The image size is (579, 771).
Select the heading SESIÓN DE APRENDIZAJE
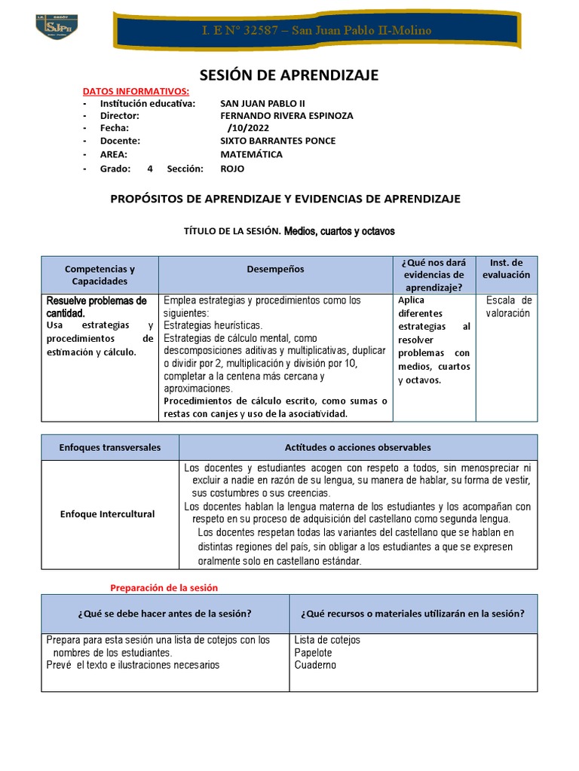(x=289, y=75)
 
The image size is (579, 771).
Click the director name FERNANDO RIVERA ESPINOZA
(x=286, y=116)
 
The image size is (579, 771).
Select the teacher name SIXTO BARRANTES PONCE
(x=277, y=141)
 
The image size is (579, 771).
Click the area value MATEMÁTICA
(x=251, y=154)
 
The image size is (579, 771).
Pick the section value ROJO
(x=232, y=169)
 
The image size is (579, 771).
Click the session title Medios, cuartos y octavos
(x=339, y=231)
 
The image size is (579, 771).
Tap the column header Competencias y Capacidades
(x=100, y=275)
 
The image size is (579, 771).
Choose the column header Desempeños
(x=275, y=269)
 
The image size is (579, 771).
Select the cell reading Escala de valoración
(x=508, y=307)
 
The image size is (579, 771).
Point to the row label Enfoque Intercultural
(x=107, y=513)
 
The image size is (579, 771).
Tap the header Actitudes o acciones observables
(x=357, y=447)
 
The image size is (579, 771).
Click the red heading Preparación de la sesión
(x=164, y=587)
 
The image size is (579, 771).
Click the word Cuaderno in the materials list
(x=315, y=665)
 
